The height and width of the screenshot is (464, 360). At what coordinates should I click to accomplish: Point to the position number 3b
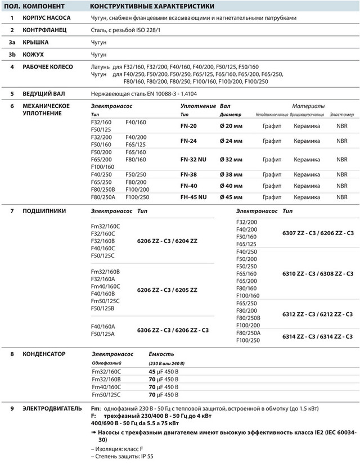12,55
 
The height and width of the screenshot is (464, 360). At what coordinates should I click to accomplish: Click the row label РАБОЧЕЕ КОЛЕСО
48,67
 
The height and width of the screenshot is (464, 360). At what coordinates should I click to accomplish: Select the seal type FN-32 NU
193,159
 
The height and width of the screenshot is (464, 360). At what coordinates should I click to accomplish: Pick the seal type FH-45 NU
193,197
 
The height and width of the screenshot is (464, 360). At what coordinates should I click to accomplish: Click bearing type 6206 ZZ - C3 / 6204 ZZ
167,241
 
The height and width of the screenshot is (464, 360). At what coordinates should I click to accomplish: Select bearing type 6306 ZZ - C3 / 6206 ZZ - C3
173,330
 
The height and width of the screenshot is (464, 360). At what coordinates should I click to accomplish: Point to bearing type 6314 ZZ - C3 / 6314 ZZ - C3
317,336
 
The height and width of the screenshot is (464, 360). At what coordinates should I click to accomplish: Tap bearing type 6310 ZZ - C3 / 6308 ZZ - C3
317,274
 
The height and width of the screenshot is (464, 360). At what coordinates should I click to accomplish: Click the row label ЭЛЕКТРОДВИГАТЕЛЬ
52,409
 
